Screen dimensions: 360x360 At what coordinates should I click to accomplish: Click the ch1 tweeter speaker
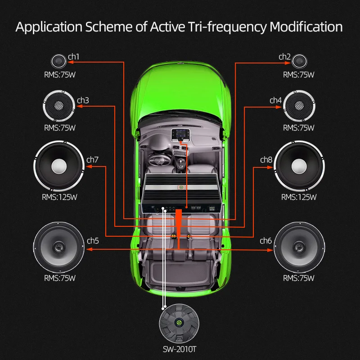(59, 61)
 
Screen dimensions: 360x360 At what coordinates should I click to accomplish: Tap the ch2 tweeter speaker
(299, 61)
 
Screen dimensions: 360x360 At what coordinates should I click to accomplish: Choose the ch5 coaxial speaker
(59, 247)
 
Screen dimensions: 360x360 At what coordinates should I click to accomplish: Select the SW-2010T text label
(180, 349)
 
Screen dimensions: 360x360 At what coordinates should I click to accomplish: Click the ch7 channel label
(92, 159)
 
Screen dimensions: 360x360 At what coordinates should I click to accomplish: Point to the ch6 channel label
(266, 241)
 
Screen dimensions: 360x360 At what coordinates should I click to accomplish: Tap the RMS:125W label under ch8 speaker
(299, 197)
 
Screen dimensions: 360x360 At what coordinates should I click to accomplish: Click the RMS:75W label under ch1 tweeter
(59, 75)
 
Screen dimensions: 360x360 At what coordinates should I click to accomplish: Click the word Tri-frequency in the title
(229, 27)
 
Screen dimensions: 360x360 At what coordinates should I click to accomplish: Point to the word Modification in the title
(306, 27)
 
